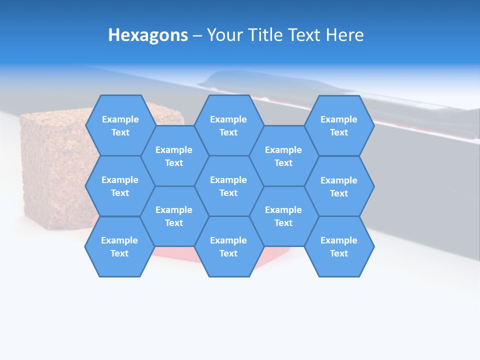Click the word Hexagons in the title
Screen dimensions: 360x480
coord(148,35)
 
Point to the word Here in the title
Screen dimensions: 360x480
coord(345,35)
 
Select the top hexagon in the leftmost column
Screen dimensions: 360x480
coord(120,125)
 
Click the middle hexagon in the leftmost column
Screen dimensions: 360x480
coord(120,186)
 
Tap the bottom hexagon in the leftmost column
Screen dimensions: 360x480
coord(119,246)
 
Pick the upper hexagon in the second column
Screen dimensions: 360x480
coord(174,156)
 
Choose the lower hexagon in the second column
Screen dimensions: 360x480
coord(174,216)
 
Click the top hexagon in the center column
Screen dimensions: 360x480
coord(228,125)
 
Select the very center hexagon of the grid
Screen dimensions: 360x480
coord(228,186)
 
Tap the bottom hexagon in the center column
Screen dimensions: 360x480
coord(228,246)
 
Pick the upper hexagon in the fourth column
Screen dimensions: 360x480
coord(283,156)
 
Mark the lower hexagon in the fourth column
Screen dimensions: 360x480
coord(283,216)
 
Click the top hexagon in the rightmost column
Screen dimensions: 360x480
coord(339,125)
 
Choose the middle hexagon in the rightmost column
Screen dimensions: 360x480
coord(339,186)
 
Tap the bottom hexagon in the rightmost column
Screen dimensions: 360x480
coord(339,246)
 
